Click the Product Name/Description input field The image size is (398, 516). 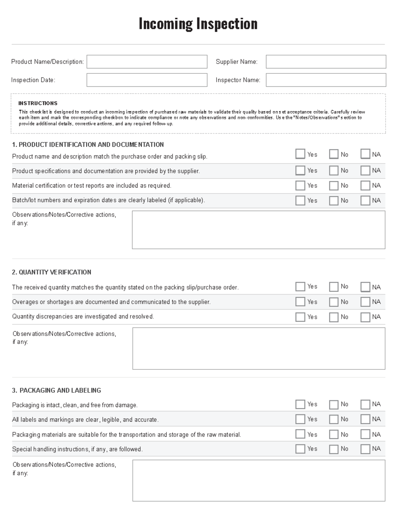point(147,62)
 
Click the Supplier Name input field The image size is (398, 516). point(326,62)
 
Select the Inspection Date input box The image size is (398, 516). point(147,80)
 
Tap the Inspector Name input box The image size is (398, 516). point(326,80)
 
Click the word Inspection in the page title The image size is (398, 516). point(227,24)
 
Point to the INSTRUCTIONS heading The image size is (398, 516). point(38,103)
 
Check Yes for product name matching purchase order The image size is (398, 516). point(300,154)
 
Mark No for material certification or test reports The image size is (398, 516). point(334,185)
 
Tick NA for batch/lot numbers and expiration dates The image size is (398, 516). point(365,200)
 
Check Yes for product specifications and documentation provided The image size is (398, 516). point(300,170)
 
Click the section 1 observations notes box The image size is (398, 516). point(258,230)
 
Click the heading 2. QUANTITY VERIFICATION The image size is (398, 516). point(51,272)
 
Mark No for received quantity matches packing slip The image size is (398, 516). point(334,287)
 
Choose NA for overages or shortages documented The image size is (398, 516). point(365,302)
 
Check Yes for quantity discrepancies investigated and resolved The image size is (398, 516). point(300,317)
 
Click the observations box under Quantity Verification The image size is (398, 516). point(259,348)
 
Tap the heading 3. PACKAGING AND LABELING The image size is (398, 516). point(56,390)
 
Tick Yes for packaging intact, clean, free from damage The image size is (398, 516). point(300,404)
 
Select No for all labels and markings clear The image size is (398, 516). point(334,419)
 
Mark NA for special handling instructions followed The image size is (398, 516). point(365,449)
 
